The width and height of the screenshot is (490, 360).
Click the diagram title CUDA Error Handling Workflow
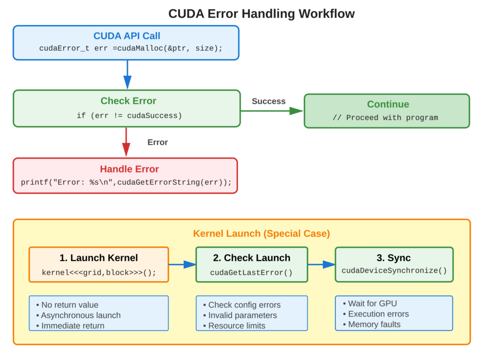pyautogui.click(x=261, y=13)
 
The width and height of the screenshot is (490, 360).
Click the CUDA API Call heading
pyautogui.click(x=127, y=36)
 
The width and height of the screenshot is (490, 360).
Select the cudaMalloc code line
pyautogui.click(x=131, y=49)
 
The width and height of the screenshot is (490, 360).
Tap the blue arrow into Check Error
pyautogui.click(x=127, y=76)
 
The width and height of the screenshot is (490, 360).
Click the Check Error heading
pyautogui.click(x=128, y=101)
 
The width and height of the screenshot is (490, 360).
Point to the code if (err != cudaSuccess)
pyautogui.click(x=129, y=116)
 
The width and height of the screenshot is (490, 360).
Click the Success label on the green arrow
pyautogui.click(x=269, y=101)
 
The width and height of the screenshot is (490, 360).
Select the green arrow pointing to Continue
pyautogui.click(x=273, y=111)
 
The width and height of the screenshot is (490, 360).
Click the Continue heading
pyautogui.click(x=388, y=104)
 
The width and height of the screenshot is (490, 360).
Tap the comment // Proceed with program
pyautogui.click(x=385, y=118)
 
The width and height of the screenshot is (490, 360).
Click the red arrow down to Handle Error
pyautogui.click(x=126, y=142)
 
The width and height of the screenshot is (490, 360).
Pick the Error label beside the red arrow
pyautogui.click(x=157, y=142)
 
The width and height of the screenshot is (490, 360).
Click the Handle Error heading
pyautogui.click(x=129, y=169)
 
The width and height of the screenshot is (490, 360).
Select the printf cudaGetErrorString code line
pyautogui.click(x=126, y=183)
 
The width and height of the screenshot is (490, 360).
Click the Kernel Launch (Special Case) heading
pyautogui.click(x=261, y=234)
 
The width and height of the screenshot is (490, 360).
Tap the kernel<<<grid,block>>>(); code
pyautogui.click(x=99, y=273)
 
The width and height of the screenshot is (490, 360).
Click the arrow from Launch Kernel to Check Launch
pyautogui.click(x=182, y=264)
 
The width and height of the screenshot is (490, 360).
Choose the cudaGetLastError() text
pyautogui.click(x=251, y=272)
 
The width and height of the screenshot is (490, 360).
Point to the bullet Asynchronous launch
pyautogui.click(x=81, y=315)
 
